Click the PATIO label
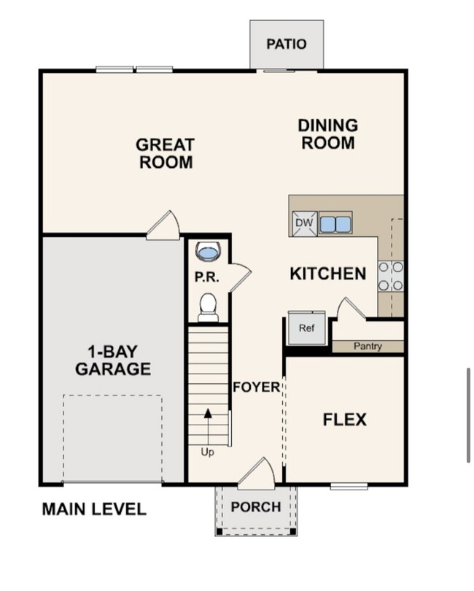[286, 44]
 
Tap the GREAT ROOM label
[166, 153]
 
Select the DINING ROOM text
[327, 134]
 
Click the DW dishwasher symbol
[303, 223]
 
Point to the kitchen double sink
[335, 223]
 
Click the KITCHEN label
[327, 274]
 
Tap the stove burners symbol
[391, 277]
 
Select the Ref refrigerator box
[306, 329]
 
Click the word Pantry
[368, 346]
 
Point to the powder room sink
[209, 252]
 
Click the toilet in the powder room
[209, 306]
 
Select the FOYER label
[256, 387]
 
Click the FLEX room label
[344, 420]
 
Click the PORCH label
[256, 507]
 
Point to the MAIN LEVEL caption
[94, 509]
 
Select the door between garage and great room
[164, 226]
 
